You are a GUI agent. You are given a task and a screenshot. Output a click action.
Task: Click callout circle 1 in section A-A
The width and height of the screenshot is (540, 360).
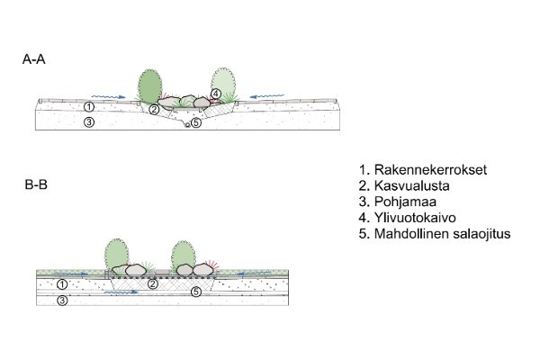[x=89, y=107]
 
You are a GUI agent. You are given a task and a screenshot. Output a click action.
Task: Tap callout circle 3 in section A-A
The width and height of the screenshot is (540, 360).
[x=89, y=122]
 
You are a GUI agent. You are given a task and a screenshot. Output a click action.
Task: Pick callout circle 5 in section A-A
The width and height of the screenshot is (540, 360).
[x=196, y=123]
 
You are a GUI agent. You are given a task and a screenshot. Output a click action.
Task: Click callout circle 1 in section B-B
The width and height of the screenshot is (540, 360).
[x=61, y=284]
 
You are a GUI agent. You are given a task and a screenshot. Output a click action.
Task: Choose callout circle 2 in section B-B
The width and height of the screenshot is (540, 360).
[x=154, y=284]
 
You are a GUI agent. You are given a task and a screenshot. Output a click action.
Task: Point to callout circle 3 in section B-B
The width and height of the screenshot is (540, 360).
[x=61, y=301]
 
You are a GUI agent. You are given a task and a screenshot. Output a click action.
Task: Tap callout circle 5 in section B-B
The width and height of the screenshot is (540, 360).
[x=195, y=292]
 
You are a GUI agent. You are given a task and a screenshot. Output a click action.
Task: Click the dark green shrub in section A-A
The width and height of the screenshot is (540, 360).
[x=150, y=86]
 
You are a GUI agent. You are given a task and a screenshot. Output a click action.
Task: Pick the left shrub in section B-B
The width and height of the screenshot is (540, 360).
[x=116, y=253]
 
